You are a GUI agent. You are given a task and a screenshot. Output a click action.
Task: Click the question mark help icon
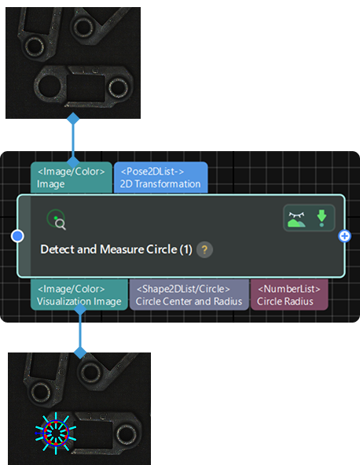(205, 250)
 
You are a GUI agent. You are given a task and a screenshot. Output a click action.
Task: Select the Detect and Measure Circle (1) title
(116, 250)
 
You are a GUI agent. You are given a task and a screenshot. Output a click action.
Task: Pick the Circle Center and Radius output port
(189, 294)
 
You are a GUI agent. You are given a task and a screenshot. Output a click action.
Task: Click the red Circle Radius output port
(289, 294)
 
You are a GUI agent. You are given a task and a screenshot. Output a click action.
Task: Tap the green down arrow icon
(321, 218)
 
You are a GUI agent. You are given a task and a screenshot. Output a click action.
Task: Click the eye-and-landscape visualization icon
(297, 218)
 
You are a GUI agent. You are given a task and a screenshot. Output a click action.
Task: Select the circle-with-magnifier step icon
(54, 219)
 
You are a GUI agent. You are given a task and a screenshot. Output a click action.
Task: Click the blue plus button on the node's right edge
(343, 236)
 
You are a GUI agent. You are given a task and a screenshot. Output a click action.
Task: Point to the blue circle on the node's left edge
(17, 236)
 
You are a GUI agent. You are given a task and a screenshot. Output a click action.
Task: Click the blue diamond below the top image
(73, 119)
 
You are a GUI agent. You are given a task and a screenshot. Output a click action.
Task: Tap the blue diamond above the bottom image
(79, 352)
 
